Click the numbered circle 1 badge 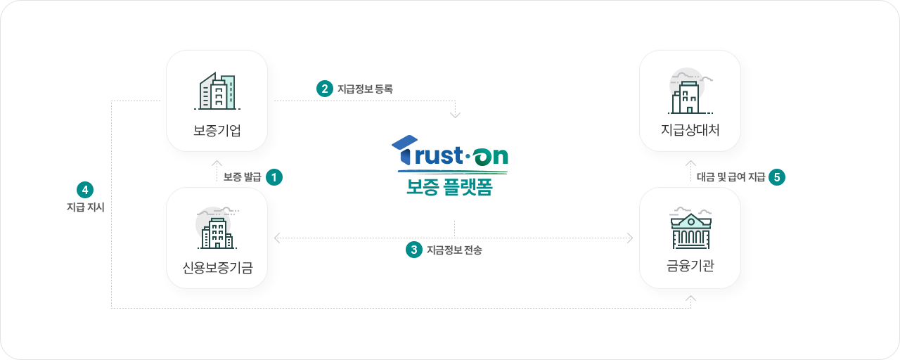[274, 177]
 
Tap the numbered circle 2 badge [325, 89]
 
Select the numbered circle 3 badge [415, 250]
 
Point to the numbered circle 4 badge [84, 190]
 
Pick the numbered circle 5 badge [777, 177]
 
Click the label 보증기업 [217, 130]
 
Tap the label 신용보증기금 [217, 266]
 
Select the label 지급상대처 [690, 130]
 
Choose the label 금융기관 [690, 266]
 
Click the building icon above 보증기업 [217, 91]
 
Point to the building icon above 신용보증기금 [217, 229]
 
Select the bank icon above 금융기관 [690, 229]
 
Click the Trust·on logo [450, 153]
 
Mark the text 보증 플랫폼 [450, 188]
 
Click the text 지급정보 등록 [365, 89]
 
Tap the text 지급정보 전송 [454, 250]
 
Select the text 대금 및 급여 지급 [731, 177]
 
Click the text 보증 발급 [243, 177]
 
